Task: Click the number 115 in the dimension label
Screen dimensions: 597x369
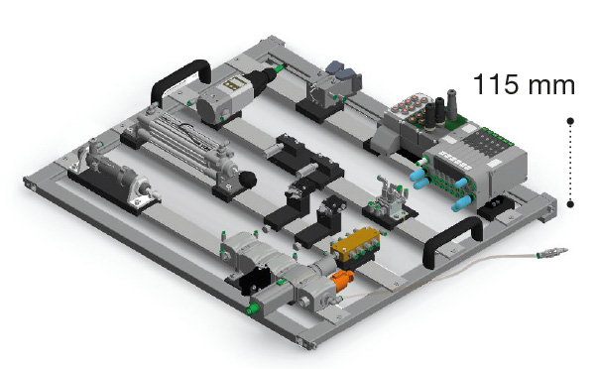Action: click(494, 84)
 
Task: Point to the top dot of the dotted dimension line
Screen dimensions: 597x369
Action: click(570, 121)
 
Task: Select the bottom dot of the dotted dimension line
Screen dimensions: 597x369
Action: click(570, 204)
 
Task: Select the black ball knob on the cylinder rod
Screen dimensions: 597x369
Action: click(248, 179)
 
